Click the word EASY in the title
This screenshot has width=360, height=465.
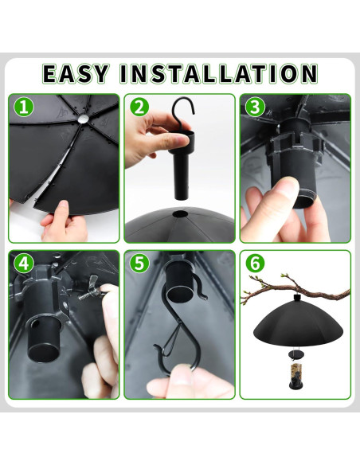(75, 73)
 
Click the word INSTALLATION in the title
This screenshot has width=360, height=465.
(218, 73)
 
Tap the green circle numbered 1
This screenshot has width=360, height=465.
(25, 107)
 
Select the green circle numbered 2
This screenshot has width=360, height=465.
(139, 107)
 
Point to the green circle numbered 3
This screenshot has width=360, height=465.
(255, 107)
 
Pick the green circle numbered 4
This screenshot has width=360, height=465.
(25, 263)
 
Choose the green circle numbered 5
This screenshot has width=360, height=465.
(139, 263)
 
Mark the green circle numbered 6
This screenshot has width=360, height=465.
(255, 263)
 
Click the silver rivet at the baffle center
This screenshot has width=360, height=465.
(83, 119)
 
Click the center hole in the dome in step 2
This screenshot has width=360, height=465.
(179, 214)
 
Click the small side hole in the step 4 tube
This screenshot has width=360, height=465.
(35, 324)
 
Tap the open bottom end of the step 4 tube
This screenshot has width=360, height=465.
(44, 352)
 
